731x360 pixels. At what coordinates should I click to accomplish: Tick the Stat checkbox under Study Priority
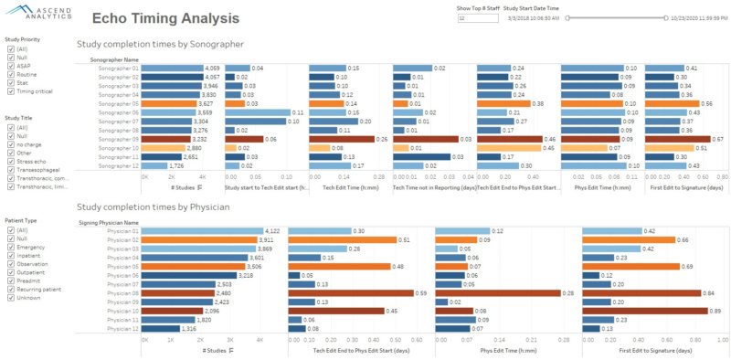[x=10, y=82]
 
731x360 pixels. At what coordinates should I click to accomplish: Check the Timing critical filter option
[x=10, y=91]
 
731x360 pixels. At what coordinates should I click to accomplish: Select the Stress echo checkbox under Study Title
[x=10, y=160]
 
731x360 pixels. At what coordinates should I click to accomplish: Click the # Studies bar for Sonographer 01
[x=173, y=69]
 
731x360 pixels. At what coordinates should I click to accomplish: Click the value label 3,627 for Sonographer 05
[x=207, y=104]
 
